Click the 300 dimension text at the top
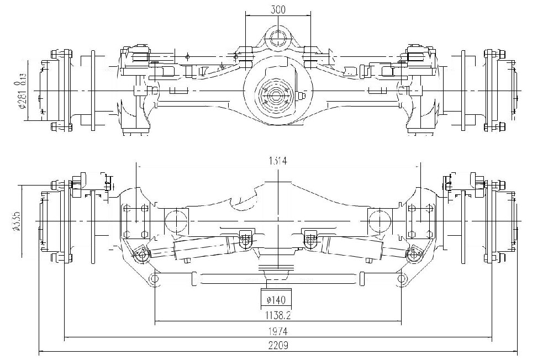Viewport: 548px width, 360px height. tap(278, 9)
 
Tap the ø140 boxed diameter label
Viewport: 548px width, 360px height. tap(275, 300)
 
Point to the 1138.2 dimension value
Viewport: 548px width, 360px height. tap(277, 316)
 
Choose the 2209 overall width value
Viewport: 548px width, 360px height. tap(278, 346)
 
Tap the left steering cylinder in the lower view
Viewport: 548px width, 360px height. tap(193, 248)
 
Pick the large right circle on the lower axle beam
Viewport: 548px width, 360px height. tap(380, 221)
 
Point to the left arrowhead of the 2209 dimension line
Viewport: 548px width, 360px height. tap(40, 351)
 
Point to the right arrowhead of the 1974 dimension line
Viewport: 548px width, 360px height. tap(491, 337)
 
